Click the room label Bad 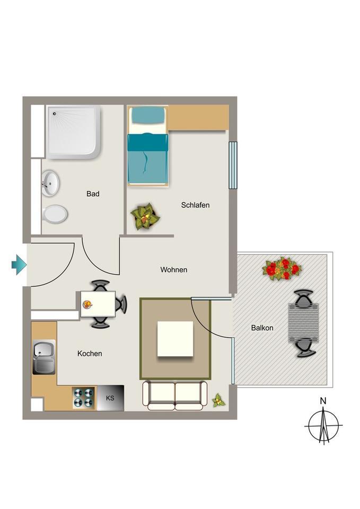pyautogui.click(x=93, y=194)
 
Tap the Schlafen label pyautogui.click(x=195, y=205)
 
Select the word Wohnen pyautogui.click(x=174, y=270)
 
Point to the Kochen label pyautogui.click(x=90, y=354)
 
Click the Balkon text pyautogui.click(x=262, y=328)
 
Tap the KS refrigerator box pyautogui.click(x=110, y=398)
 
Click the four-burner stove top pyautogui.click(x=84, y=398)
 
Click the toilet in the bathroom pyautogui.click(x=54, y=215)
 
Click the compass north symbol pyautogui.click(x=323, y=425)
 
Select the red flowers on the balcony pyautogui.click(x=281, y=269)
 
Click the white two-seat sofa pyautogui.click(x=175, y=396)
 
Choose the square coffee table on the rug pyautogui.click(x=175, y=339)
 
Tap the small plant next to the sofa pyautogui.click(x=218, y=400)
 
